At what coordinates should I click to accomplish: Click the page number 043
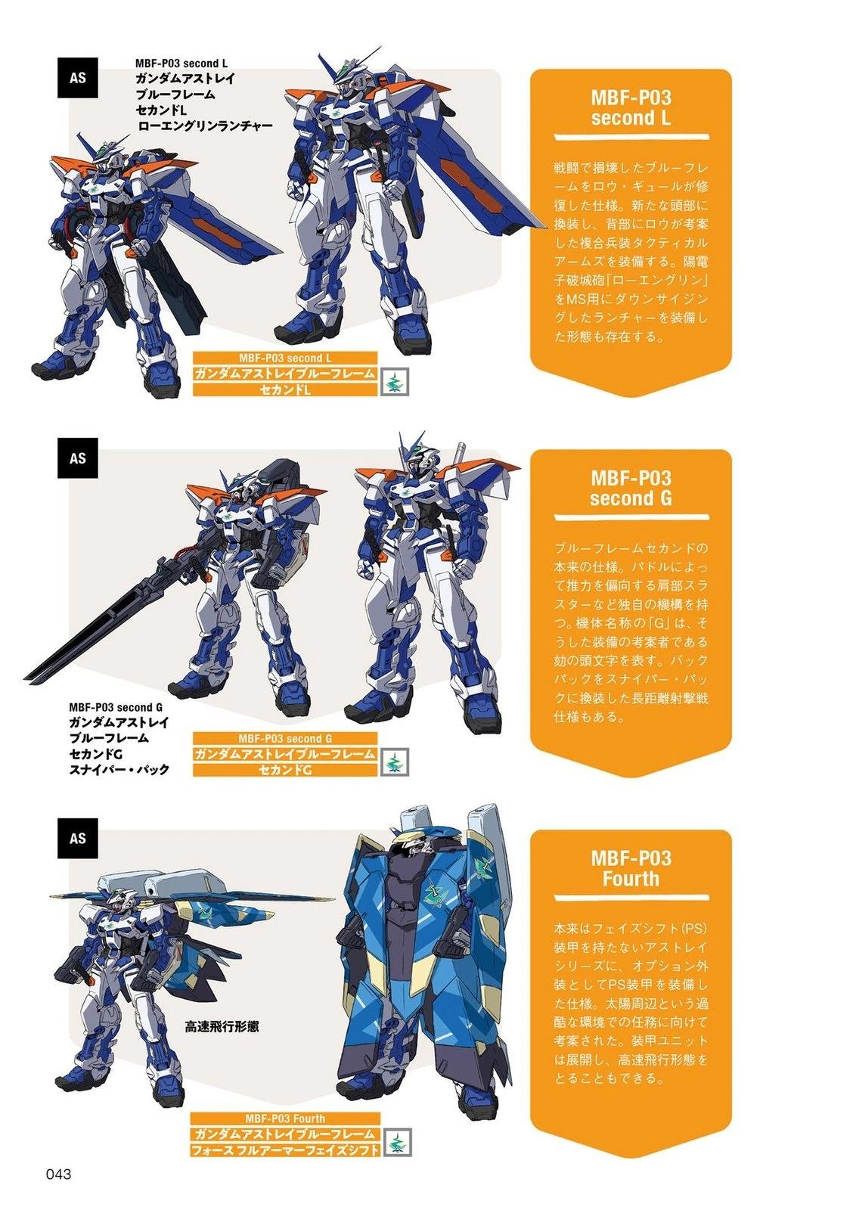[x=58, y=1174]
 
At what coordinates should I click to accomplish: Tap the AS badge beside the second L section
[x=77, y=78]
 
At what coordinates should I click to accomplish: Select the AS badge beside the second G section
[x=77, y=458]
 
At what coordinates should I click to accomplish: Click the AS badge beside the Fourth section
[x=77, y=839]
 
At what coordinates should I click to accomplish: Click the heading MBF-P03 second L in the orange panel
[x=631, y=107]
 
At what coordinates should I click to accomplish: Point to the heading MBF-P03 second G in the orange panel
[x=631, y=488]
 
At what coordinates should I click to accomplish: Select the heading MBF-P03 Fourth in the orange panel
[x=631, y=868]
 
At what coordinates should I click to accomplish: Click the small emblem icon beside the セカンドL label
[x=395, y=382]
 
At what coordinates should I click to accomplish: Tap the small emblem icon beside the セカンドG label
[x=395, y=762]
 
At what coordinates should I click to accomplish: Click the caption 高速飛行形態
[x=222, y=1026]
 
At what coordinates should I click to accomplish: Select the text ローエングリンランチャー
[x=205, y=126]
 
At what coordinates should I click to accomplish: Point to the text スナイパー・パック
[x=119, y=769]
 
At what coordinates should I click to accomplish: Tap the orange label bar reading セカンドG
[x=285, y=770]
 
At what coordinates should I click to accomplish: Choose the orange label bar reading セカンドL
[x=285, y=389]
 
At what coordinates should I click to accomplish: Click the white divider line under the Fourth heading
[x=631, y=898]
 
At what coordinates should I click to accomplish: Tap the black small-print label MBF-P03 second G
[x=116, y=707]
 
